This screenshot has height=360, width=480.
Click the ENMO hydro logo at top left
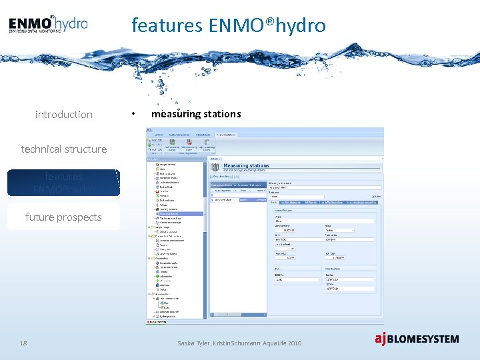pyautogui.click(x=48, y=25)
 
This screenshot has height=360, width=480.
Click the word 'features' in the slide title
pyautogui.click(x=167, y=25)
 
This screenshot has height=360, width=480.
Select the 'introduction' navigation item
pyautogui.click(x=63, y=115)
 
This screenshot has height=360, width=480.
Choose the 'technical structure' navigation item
pyautogui.click(x=63, y=149)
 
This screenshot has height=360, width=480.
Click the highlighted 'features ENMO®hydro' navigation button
pyautogui.click(x=63, y=183)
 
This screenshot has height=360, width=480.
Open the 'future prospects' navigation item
pyautogui.click(x=63, y=217)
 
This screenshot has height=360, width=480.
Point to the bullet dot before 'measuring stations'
pyautogui.click(x=134, y=115)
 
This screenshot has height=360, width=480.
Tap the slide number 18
pyautogui.click(x=23, y=343)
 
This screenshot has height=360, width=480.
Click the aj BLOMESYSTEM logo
pyautogui.click(x=416, y=339)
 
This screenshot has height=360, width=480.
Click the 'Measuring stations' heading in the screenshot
pyautogui.click(x=246, y=165)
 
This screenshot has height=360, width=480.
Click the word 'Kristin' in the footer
pyautogui.click(x=223, y=343)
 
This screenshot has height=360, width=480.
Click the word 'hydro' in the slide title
pyautogui.click(x=305, y=25)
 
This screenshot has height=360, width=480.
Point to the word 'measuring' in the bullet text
pyautogui.click(x=174, y=114)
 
